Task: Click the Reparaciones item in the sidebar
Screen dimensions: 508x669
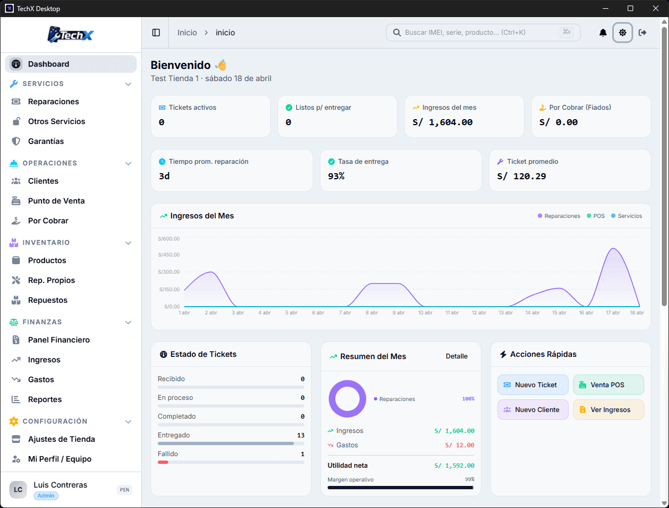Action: coord(53,101)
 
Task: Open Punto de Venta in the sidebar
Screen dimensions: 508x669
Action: coord(56,201)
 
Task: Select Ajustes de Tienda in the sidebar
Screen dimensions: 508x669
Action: coord(61,439)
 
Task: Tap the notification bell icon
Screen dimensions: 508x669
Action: coord(603,33)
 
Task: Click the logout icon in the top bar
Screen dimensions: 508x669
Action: coord(643,33)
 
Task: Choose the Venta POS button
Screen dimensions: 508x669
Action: coord(608,385)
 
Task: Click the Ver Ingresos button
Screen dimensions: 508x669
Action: coord(608,410)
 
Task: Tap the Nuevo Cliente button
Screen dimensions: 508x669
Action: coord(533,410)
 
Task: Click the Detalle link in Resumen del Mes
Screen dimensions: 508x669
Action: coord(457,356)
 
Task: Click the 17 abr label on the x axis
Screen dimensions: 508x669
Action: coord(613,313)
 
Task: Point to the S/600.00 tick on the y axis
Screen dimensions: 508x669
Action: coord(169,239)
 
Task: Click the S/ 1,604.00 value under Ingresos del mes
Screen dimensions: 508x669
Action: coord(442,122)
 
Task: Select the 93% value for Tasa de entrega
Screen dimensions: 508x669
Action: coord(336,177)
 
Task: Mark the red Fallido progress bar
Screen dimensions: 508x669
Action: coord(163,462)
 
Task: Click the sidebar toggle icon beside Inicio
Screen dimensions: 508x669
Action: coord(156,33)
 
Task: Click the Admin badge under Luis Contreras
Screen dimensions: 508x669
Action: coord(46,496)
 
